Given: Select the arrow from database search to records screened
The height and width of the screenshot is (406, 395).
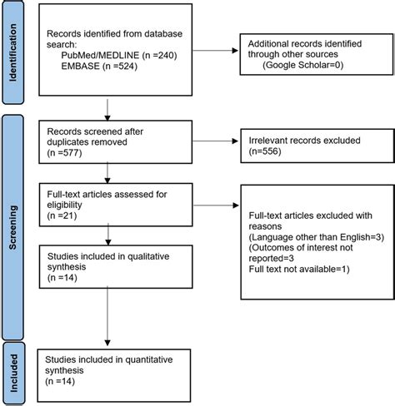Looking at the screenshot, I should click(x=107, y=107).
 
